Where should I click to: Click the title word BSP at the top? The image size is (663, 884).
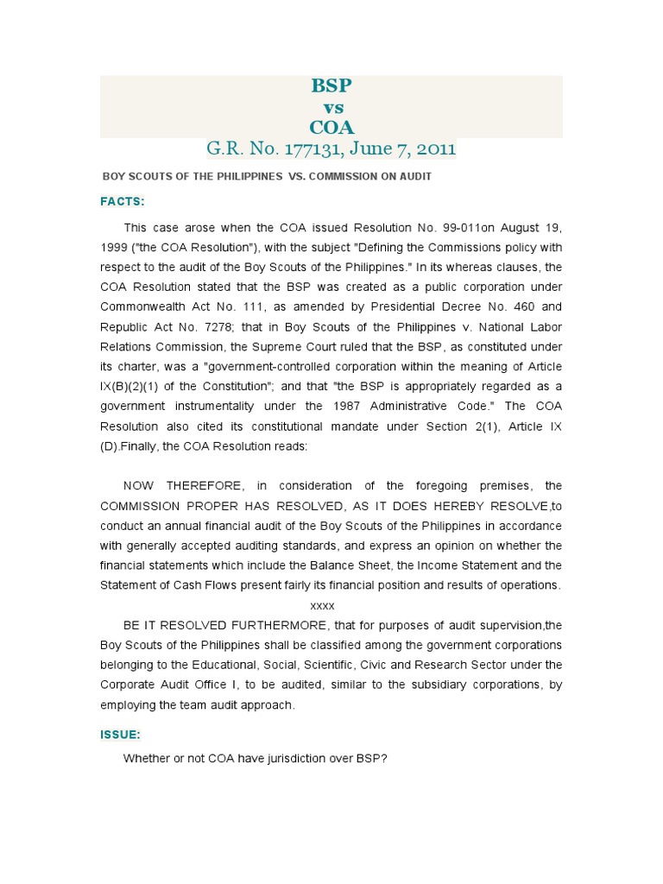tap(331, 85)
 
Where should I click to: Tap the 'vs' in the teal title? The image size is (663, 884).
tap(332, 107)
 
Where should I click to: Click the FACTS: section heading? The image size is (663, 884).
tap(123, 201)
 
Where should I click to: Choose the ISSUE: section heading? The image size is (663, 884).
tap(121, 734)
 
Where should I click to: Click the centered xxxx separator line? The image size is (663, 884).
tap(322, 605)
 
